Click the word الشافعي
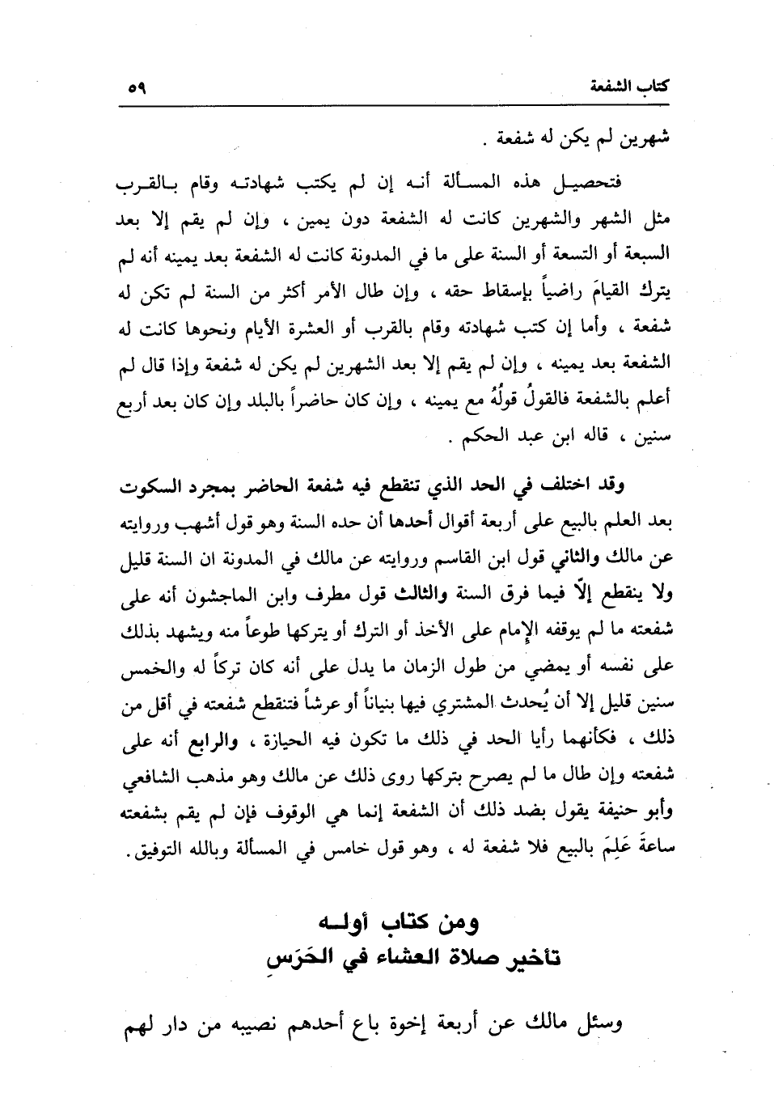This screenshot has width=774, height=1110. tap(147, 773)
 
